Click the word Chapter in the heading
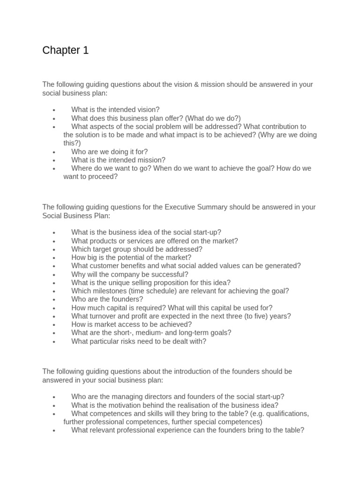point(61,51)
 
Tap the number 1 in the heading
point(86,51)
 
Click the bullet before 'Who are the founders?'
point(55,300)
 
